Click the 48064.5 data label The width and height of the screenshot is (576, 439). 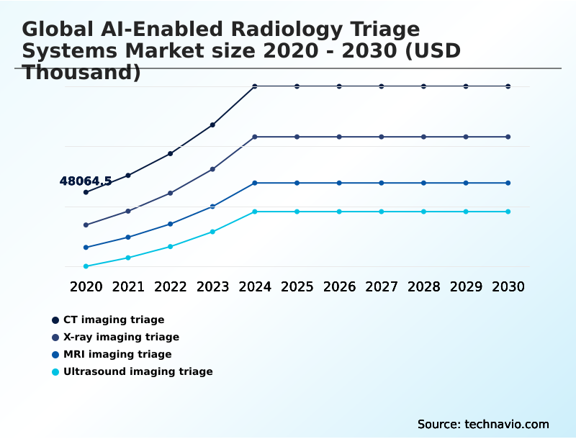pyautogui.click(x=85, y=181)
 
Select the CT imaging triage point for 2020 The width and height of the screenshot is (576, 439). pyautogui.click(x=86, y=192)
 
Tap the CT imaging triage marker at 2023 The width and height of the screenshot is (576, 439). pyautogui.click(x=212, y=125)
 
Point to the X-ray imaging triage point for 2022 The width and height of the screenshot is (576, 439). pyautogui.click(x=171, y=193)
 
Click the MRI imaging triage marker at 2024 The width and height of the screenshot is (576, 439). pyautogui.click(x=255, y=183)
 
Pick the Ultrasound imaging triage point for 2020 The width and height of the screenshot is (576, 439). pyautogui.click(x=86, y=266)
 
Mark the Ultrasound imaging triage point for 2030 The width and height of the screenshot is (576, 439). pyautogui.click(x=508, y=212)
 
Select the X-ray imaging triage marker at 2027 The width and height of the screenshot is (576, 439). pyautogui.click(x=382, y=137)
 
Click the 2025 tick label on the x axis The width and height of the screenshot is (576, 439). pyautogui.click(x=297, y=286)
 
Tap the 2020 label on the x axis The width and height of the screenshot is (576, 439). pyautogui.click(x=86, y=286)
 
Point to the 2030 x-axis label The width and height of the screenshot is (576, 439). pyautogui.click(x=508, y=286)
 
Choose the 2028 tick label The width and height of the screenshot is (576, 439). pyautogui.click(x=423, y=286)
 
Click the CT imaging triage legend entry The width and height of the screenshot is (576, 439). pyautogui.click(x=113, y=320)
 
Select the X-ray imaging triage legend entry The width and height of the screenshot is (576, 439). pyautogui.click(x=121, y=337)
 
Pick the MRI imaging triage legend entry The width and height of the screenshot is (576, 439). pyautogui.click(x=117, y=354)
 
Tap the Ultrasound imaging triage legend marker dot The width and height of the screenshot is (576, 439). pyautogui.click(x=55, y=372)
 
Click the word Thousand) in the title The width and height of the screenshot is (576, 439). pyautogui.click(x=81, y=72)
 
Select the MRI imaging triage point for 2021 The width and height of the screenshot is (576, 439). pyautogui.click(x=128, y=237)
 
